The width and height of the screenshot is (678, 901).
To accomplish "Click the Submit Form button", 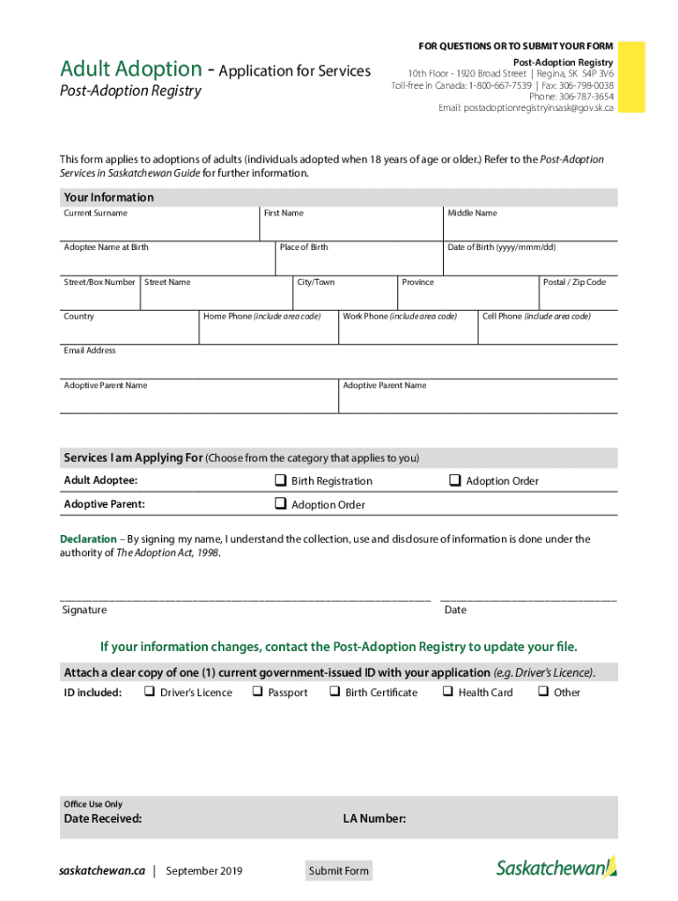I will (339, 871).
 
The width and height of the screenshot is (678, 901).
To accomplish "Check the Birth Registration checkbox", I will (280, 480).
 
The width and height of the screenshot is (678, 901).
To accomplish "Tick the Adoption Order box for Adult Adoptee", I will (455, 480).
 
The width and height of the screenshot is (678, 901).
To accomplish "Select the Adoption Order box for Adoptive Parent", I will (280, 504).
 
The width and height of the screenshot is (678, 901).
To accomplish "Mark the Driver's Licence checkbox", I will (149, 692).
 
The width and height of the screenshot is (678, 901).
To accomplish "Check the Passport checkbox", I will (257, 692).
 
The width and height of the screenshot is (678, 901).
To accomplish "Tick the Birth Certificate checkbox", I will (335, 692).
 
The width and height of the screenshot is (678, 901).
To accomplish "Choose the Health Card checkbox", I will (447, 692).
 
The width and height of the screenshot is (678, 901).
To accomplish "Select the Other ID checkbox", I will (542, 692).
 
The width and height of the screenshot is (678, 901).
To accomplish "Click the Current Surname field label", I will (95, 213).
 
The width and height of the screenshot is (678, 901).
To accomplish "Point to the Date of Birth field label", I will (501, 247).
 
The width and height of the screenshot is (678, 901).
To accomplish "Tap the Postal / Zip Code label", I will (574, 282).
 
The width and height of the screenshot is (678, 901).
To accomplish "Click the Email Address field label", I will (89, 350).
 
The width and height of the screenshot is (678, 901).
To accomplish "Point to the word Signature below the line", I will (85, 610).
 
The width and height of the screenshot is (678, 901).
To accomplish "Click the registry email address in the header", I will (526, 107).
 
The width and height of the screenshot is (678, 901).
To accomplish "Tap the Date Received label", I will (103, 819).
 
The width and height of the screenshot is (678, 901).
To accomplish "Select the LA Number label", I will (374, 819).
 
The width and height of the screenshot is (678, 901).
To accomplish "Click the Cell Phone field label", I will (536, 316).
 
